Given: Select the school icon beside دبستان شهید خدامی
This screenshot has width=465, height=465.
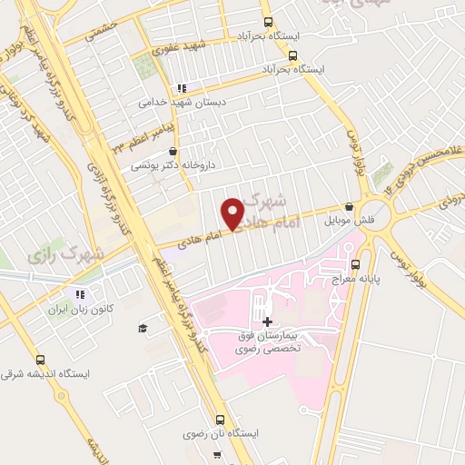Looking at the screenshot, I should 182,89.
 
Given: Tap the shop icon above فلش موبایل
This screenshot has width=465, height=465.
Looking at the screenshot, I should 350,207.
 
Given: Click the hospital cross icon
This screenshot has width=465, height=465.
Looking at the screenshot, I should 266,322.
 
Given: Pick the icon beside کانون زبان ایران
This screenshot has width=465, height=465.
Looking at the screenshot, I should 80,294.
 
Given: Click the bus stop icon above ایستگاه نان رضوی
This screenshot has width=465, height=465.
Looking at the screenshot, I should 220,420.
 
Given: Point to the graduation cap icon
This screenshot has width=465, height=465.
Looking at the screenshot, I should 142,328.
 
